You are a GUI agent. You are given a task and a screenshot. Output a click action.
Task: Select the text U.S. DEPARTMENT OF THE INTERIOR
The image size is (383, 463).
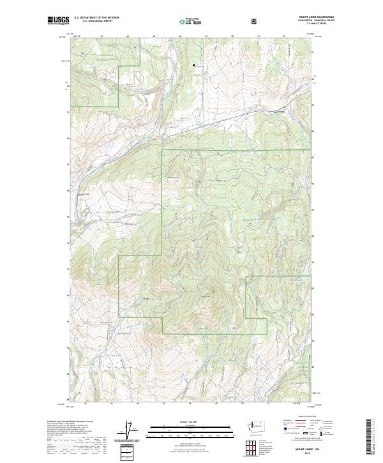tap(97, 17)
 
